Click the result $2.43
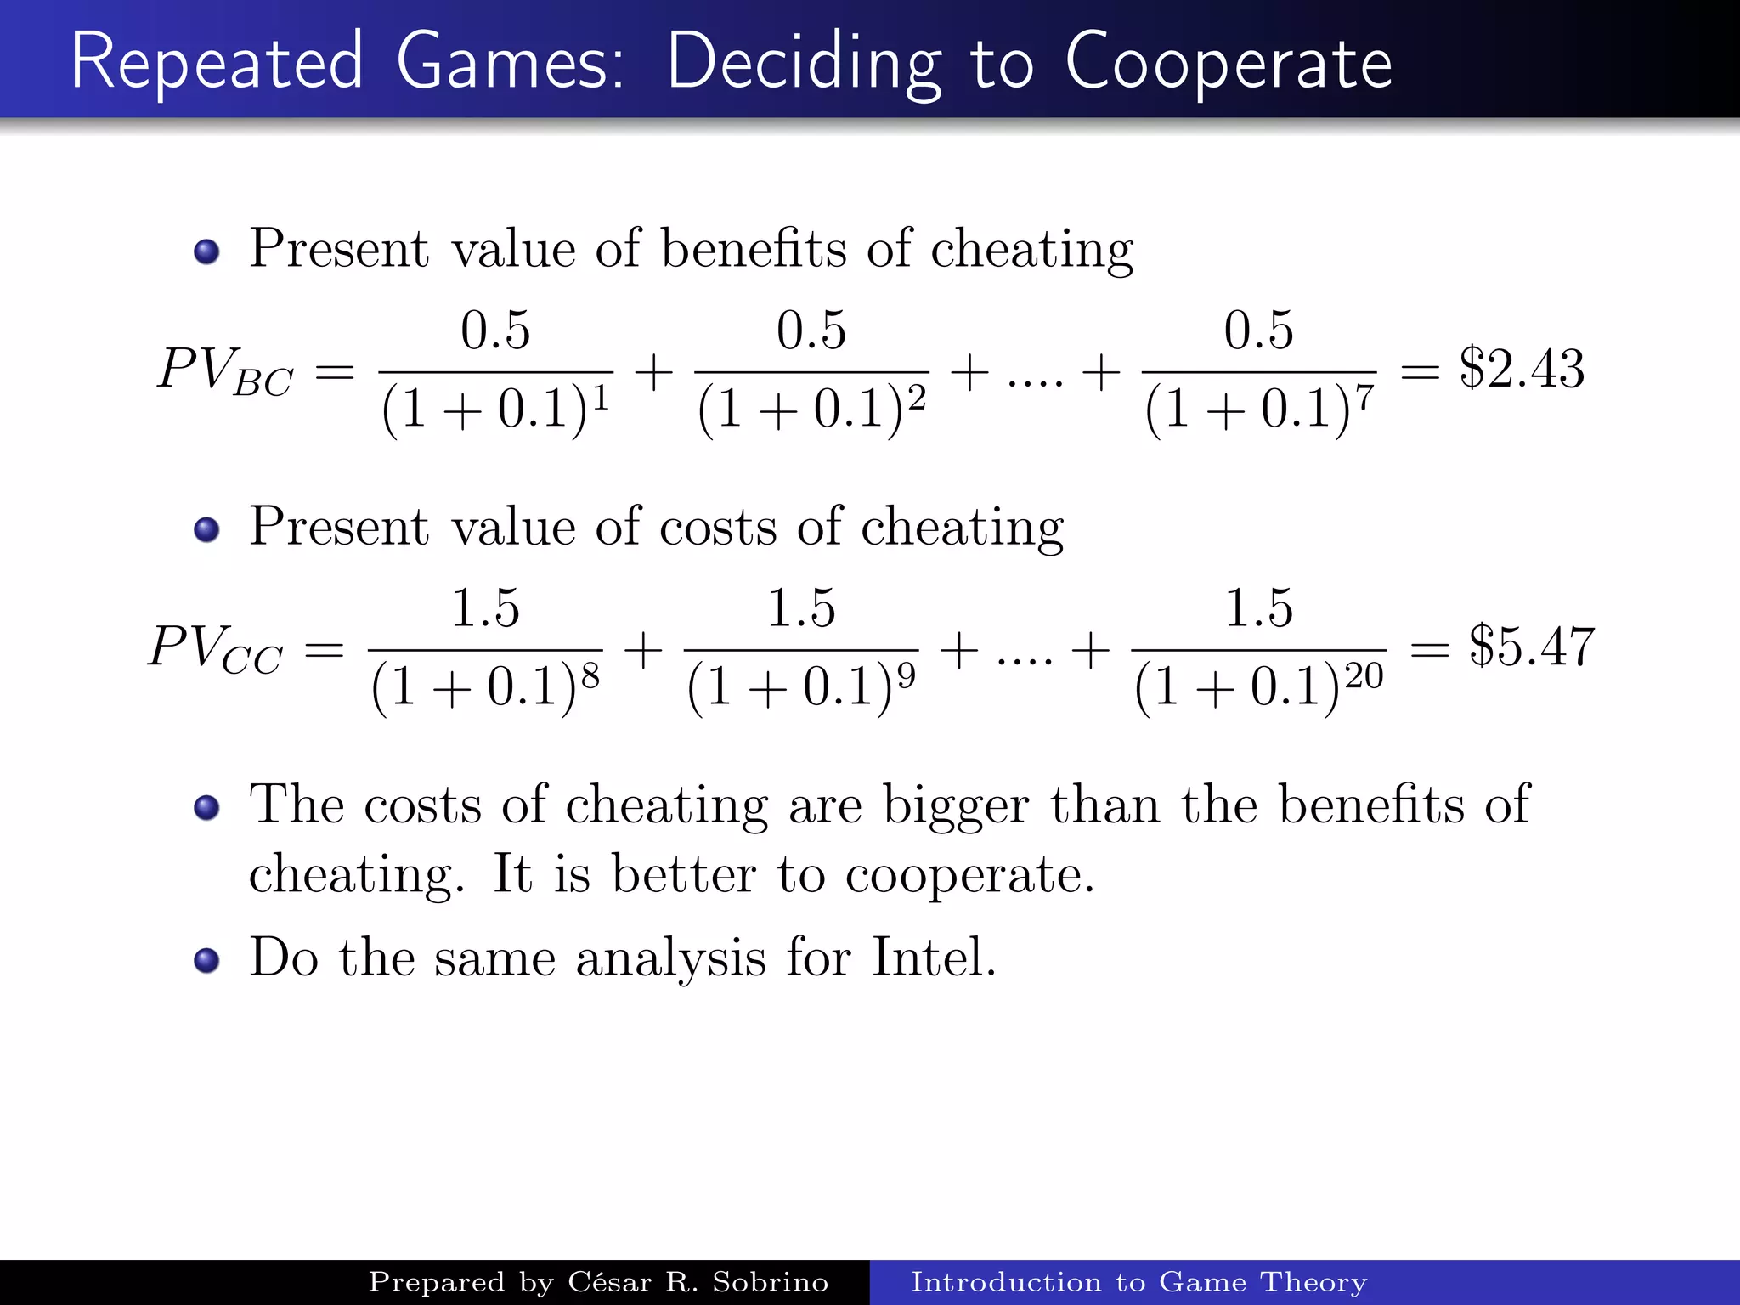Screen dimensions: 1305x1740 click(1522, 369)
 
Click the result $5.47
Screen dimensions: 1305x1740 click(1532, 647)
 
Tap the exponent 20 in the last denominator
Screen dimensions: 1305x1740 click(1364, 676)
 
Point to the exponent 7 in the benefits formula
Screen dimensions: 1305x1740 click(1364, 398)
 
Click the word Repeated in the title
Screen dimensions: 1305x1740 click(217, 61)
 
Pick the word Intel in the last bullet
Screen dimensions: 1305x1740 click(933, 958)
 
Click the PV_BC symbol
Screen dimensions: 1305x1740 click(225, 372)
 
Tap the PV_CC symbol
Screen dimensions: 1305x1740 click(215, 650)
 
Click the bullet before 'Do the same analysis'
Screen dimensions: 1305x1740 click(206, 960)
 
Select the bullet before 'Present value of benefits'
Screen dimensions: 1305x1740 click(206, 251)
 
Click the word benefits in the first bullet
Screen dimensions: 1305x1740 click(754, 249)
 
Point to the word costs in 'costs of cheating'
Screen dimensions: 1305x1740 click(718, 527)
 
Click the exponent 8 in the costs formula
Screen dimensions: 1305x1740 click(590, 676)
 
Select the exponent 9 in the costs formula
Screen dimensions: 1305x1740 click(907, 676)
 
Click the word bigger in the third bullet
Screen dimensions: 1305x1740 click(956, 805)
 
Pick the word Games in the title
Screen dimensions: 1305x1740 click(510, 61)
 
